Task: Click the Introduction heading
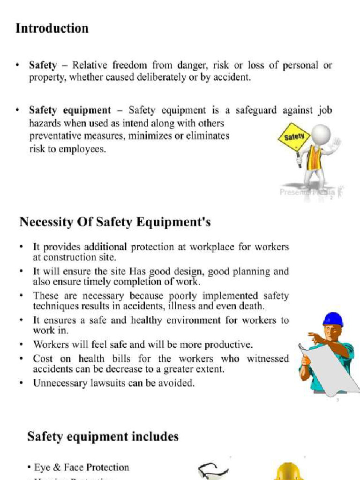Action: point(52,29)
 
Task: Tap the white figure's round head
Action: point(321,134)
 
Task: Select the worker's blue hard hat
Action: point(333,320)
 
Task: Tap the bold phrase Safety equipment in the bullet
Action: point(70,111)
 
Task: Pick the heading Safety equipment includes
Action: point(103,437)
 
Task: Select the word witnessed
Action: point(267,359)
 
